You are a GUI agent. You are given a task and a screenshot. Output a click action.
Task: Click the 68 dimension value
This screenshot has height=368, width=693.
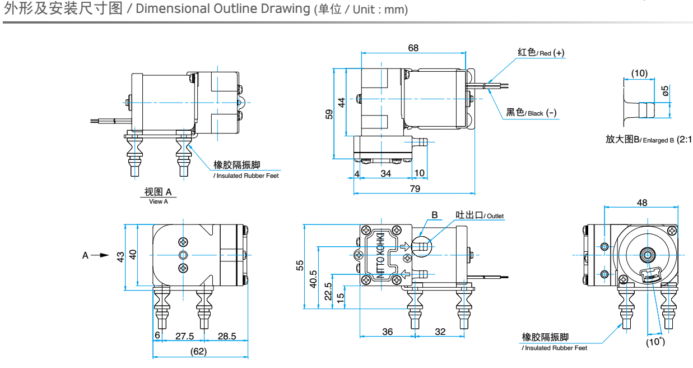[x=413, y=48]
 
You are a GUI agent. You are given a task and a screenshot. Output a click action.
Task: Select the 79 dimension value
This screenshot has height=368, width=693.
[x=415, y=188]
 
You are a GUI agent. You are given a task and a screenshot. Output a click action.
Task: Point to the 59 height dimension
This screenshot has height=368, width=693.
[x=329, y=114]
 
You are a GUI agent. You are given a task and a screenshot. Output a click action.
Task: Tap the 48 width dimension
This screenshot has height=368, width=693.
[x=642, y=202]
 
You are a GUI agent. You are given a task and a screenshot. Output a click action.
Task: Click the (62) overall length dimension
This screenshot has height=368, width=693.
[x=198, y=352]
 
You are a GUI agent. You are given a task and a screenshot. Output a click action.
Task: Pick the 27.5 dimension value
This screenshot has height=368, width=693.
[x=184, y=336]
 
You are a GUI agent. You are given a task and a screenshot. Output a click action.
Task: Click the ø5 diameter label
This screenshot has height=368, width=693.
[x=666, y=91]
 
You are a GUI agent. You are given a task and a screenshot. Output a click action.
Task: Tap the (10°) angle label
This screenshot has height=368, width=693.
[x=654, y=342]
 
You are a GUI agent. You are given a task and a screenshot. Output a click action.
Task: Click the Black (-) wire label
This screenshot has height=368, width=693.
[x=531, y=112]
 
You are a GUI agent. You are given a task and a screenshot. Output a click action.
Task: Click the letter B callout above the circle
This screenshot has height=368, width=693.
[x=434, y=215]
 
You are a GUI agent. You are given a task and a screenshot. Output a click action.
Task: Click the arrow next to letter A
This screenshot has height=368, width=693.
[x=100, y=255]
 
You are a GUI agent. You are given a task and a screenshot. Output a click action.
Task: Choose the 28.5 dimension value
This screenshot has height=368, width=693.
[x=227, y=336]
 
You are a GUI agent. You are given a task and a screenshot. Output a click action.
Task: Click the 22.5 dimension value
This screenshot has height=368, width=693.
[x=328, y=292]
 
